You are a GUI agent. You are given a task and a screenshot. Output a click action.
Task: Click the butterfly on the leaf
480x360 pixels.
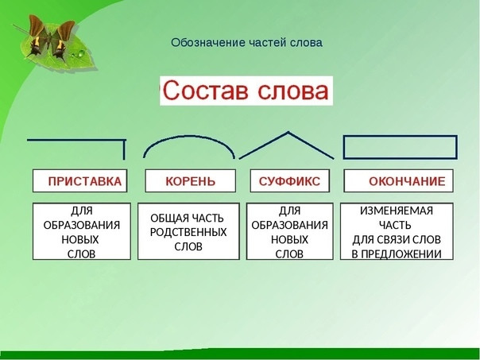51,38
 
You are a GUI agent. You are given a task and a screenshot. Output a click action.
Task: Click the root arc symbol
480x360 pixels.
189,136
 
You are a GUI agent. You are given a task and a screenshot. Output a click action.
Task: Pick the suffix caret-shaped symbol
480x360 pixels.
288,133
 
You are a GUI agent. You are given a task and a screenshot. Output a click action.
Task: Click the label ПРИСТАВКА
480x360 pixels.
85,181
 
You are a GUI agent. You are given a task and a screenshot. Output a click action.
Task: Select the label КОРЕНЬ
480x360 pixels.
191,181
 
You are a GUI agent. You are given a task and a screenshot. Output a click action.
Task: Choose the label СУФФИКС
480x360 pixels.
289,181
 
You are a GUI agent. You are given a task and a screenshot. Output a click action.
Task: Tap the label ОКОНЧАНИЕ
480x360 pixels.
407,181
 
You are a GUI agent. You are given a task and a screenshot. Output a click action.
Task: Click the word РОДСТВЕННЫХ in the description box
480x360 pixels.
188,232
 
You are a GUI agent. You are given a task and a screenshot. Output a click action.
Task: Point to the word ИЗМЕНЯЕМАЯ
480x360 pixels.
397,211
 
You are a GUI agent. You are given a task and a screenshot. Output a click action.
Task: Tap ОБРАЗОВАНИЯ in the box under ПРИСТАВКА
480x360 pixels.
81,226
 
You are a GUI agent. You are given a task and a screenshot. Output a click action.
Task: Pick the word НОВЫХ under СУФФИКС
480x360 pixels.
289,240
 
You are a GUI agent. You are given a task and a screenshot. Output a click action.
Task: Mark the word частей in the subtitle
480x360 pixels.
268,43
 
